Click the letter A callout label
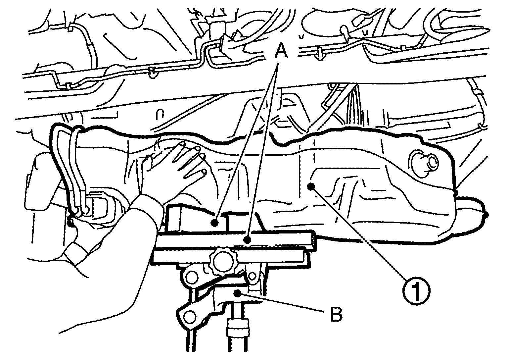(x=281, y=51)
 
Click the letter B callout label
(x=336, y=314)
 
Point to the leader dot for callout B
(x=238, y=294)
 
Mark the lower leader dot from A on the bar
(x=248, y=240)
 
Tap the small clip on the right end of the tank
(x=487, y=215)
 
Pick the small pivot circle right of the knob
(x=252, y=276)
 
